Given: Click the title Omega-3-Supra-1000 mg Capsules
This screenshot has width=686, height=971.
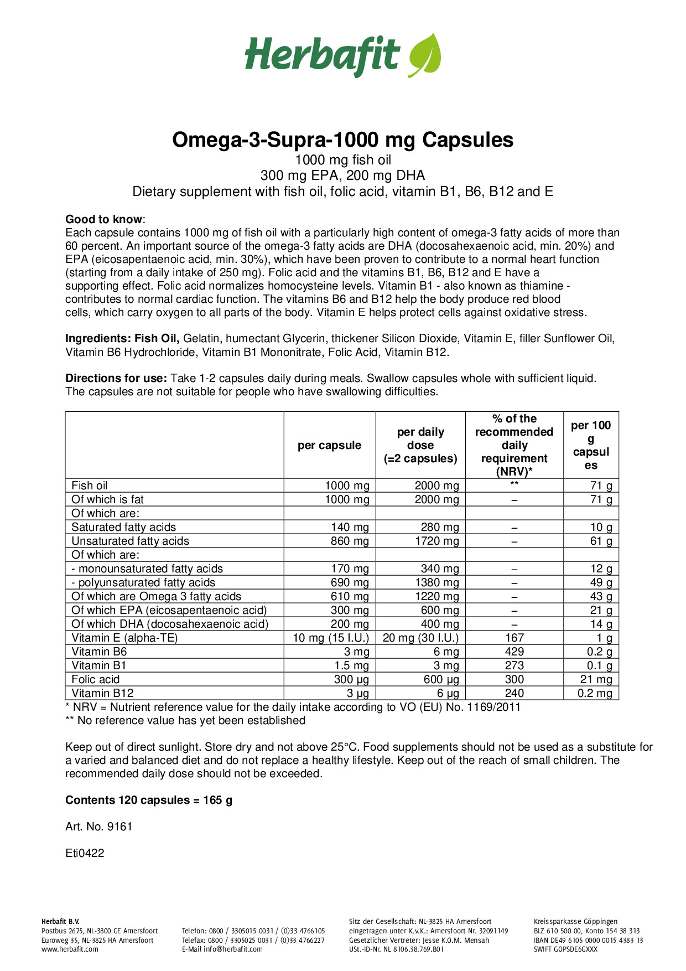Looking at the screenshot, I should pyautogui.click(x=342, y=140).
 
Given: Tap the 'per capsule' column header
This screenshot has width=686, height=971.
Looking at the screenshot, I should pyautogui.click(x=329, y=445).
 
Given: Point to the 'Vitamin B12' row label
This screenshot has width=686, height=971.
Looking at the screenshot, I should pyautogui.click(x=102, y=693).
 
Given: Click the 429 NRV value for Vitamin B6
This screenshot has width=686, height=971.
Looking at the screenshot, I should pyautogui.click(x=514, y=652).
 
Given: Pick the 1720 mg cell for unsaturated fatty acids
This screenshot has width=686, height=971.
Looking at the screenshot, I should pyautogui.click(x=436, y=541).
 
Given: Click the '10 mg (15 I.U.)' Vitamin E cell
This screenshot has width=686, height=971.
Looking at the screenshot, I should pyautogui.click(x=331, y=638).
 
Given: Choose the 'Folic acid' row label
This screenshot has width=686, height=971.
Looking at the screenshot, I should pyautogui.click(x=95, y=679).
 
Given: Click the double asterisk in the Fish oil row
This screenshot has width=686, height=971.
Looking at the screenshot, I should pyautogui.click(x=514, y=484).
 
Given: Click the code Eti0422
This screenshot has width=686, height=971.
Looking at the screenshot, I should pyautogui.click(x=85, y=853).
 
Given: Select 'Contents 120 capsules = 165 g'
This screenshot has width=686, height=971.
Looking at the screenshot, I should pyautogui.click(x=149, y=800).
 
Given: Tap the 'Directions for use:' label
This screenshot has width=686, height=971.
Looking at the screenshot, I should pyautogui.click(x=116, y=379).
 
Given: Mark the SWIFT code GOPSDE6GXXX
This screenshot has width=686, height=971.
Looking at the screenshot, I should pyautogui.click(x=565, y=949).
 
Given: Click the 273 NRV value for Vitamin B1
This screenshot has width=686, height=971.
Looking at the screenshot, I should pyautogui.click(x=514, y=665).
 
